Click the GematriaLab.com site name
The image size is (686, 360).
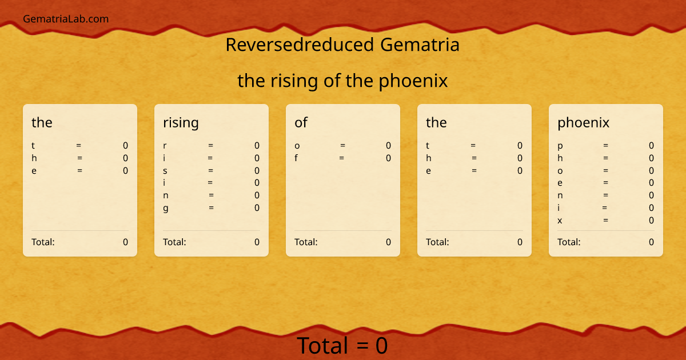tap(66, 19)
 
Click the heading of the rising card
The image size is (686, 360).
tap(181, 122)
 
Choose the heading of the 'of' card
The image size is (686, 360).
tap(301, 122)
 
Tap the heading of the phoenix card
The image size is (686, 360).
tap(583, 122)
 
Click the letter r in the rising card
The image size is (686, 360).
tap(165, 146)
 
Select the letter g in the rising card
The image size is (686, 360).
tap(166, 208)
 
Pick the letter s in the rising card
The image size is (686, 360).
tap(165, 170)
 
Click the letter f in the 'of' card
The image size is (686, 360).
tap(296, 158)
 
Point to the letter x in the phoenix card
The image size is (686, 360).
tap(560, 221)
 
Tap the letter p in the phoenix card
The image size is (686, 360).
tap(560, 146)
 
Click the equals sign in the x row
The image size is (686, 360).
tap(605, 221)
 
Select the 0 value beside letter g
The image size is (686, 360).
tap(257, 208)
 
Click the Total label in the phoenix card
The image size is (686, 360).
tap(569, 242)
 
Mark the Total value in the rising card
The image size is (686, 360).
tap(257, 242)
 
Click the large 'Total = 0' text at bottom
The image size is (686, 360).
tap(342, 346)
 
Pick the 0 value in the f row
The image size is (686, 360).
tap(388, 158)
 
